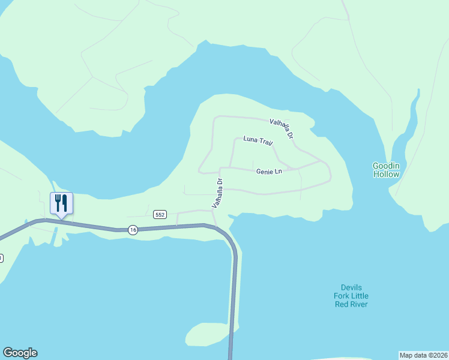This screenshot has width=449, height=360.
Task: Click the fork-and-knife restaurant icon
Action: (x=61, y=203)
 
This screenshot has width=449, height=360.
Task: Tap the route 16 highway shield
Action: (x=133, y=229)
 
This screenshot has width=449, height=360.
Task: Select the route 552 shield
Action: (x=160, y=214)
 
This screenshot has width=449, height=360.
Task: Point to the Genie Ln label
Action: (x=269, y=172)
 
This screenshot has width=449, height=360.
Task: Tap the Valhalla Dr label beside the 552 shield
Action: (x=217, y=193)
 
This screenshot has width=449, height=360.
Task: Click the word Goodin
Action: (x=385, y=165)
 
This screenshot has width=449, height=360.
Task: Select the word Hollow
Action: (x=385, y=174)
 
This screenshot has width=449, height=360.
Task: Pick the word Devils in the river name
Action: (x=351, y=287)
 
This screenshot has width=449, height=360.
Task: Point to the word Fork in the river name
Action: (x=343, y=296)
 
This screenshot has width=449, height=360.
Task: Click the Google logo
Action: (x=20, y=353)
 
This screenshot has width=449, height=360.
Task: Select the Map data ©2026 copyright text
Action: (x=423, y=355)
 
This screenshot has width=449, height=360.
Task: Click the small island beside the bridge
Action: (x=207, y=334)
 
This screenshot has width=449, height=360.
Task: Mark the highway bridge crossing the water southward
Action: (x=234, y=294)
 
